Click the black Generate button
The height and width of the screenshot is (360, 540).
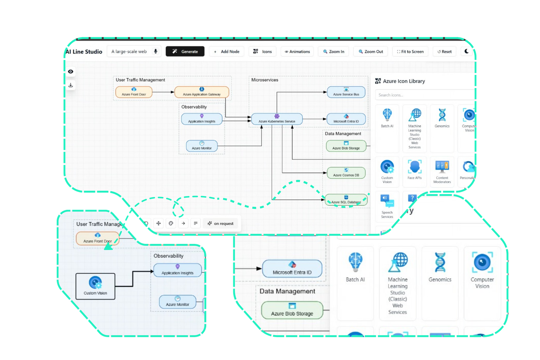(185, 51)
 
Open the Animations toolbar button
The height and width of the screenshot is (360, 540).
(297, 52)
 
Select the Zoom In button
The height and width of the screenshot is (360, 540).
(334, 52)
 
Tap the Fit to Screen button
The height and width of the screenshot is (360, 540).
(410, 52)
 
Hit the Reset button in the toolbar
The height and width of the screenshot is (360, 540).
(444, 52)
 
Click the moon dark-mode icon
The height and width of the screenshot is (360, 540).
(466, 51)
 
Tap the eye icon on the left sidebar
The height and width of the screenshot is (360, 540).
(71, 72)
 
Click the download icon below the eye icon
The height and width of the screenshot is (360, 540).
(71, 85)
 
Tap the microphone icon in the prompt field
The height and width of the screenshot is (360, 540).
(156, 51)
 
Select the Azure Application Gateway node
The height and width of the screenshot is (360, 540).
(201, 92)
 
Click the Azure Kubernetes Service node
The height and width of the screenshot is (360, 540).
(277, 119)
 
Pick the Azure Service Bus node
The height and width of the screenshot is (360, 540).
(346, 92)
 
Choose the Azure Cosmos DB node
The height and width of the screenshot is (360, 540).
(346, 173)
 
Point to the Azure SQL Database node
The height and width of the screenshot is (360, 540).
(346, 200)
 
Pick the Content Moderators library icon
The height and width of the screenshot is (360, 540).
(442, 170)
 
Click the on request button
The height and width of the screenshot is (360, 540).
(220, 223)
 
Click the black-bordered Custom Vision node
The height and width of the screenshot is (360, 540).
(95, 286)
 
